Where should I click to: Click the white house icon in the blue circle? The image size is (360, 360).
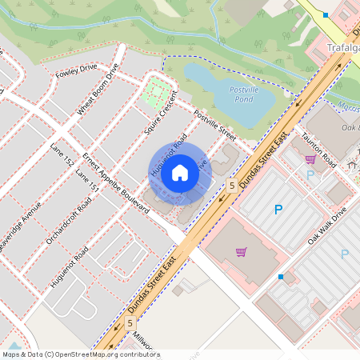tap(180, 172)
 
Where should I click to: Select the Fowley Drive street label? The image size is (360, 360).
tap(76, 73)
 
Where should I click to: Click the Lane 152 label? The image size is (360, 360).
tap(62, 156)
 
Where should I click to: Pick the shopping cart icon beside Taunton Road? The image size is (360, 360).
tap(310, 160)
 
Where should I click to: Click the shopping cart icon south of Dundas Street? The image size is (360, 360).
tap(241, 252)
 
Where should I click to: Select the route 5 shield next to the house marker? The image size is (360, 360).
tap(231, 186)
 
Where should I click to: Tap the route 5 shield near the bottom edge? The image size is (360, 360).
tap(130, 322)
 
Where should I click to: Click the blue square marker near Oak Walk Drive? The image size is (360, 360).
tap(281, 277)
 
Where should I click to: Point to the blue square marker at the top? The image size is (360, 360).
tap(326, 15)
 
